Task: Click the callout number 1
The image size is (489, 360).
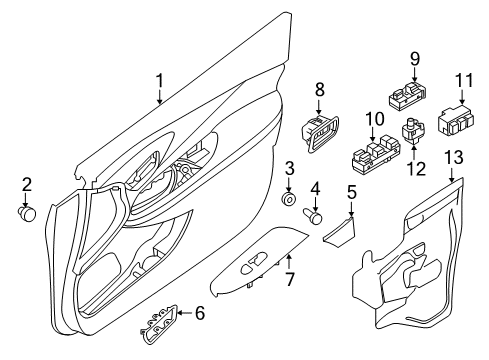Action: (158, 80)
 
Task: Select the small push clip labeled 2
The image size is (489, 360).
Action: (28, 211)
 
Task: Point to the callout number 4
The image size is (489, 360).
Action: (315, 187)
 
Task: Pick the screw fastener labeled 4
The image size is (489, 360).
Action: (315, 213)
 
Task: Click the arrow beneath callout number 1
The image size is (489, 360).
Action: (158, 98)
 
